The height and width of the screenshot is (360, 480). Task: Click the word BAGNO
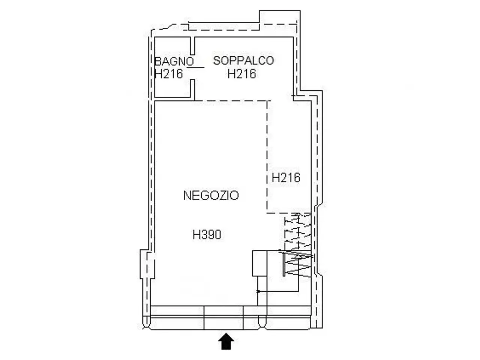click(174, 61)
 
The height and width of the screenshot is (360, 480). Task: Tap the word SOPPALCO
click(243, 60)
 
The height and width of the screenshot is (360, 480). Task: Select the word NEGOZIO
click(211, 195)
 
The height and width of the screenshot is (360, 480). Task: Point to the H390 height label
click(207, 235)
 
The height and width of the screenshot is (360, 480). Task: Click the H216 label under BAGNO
click(169, 73)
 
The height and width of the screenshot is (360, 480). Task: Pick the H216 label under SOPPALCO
click(241, 73)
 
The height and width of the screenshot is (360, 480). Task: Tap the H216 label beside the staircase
click(286, 177)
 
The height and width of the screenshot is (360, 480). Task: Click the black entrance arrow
click(226, 341)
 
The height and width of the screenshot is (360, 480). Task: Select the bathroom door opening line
click(195, 67)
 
